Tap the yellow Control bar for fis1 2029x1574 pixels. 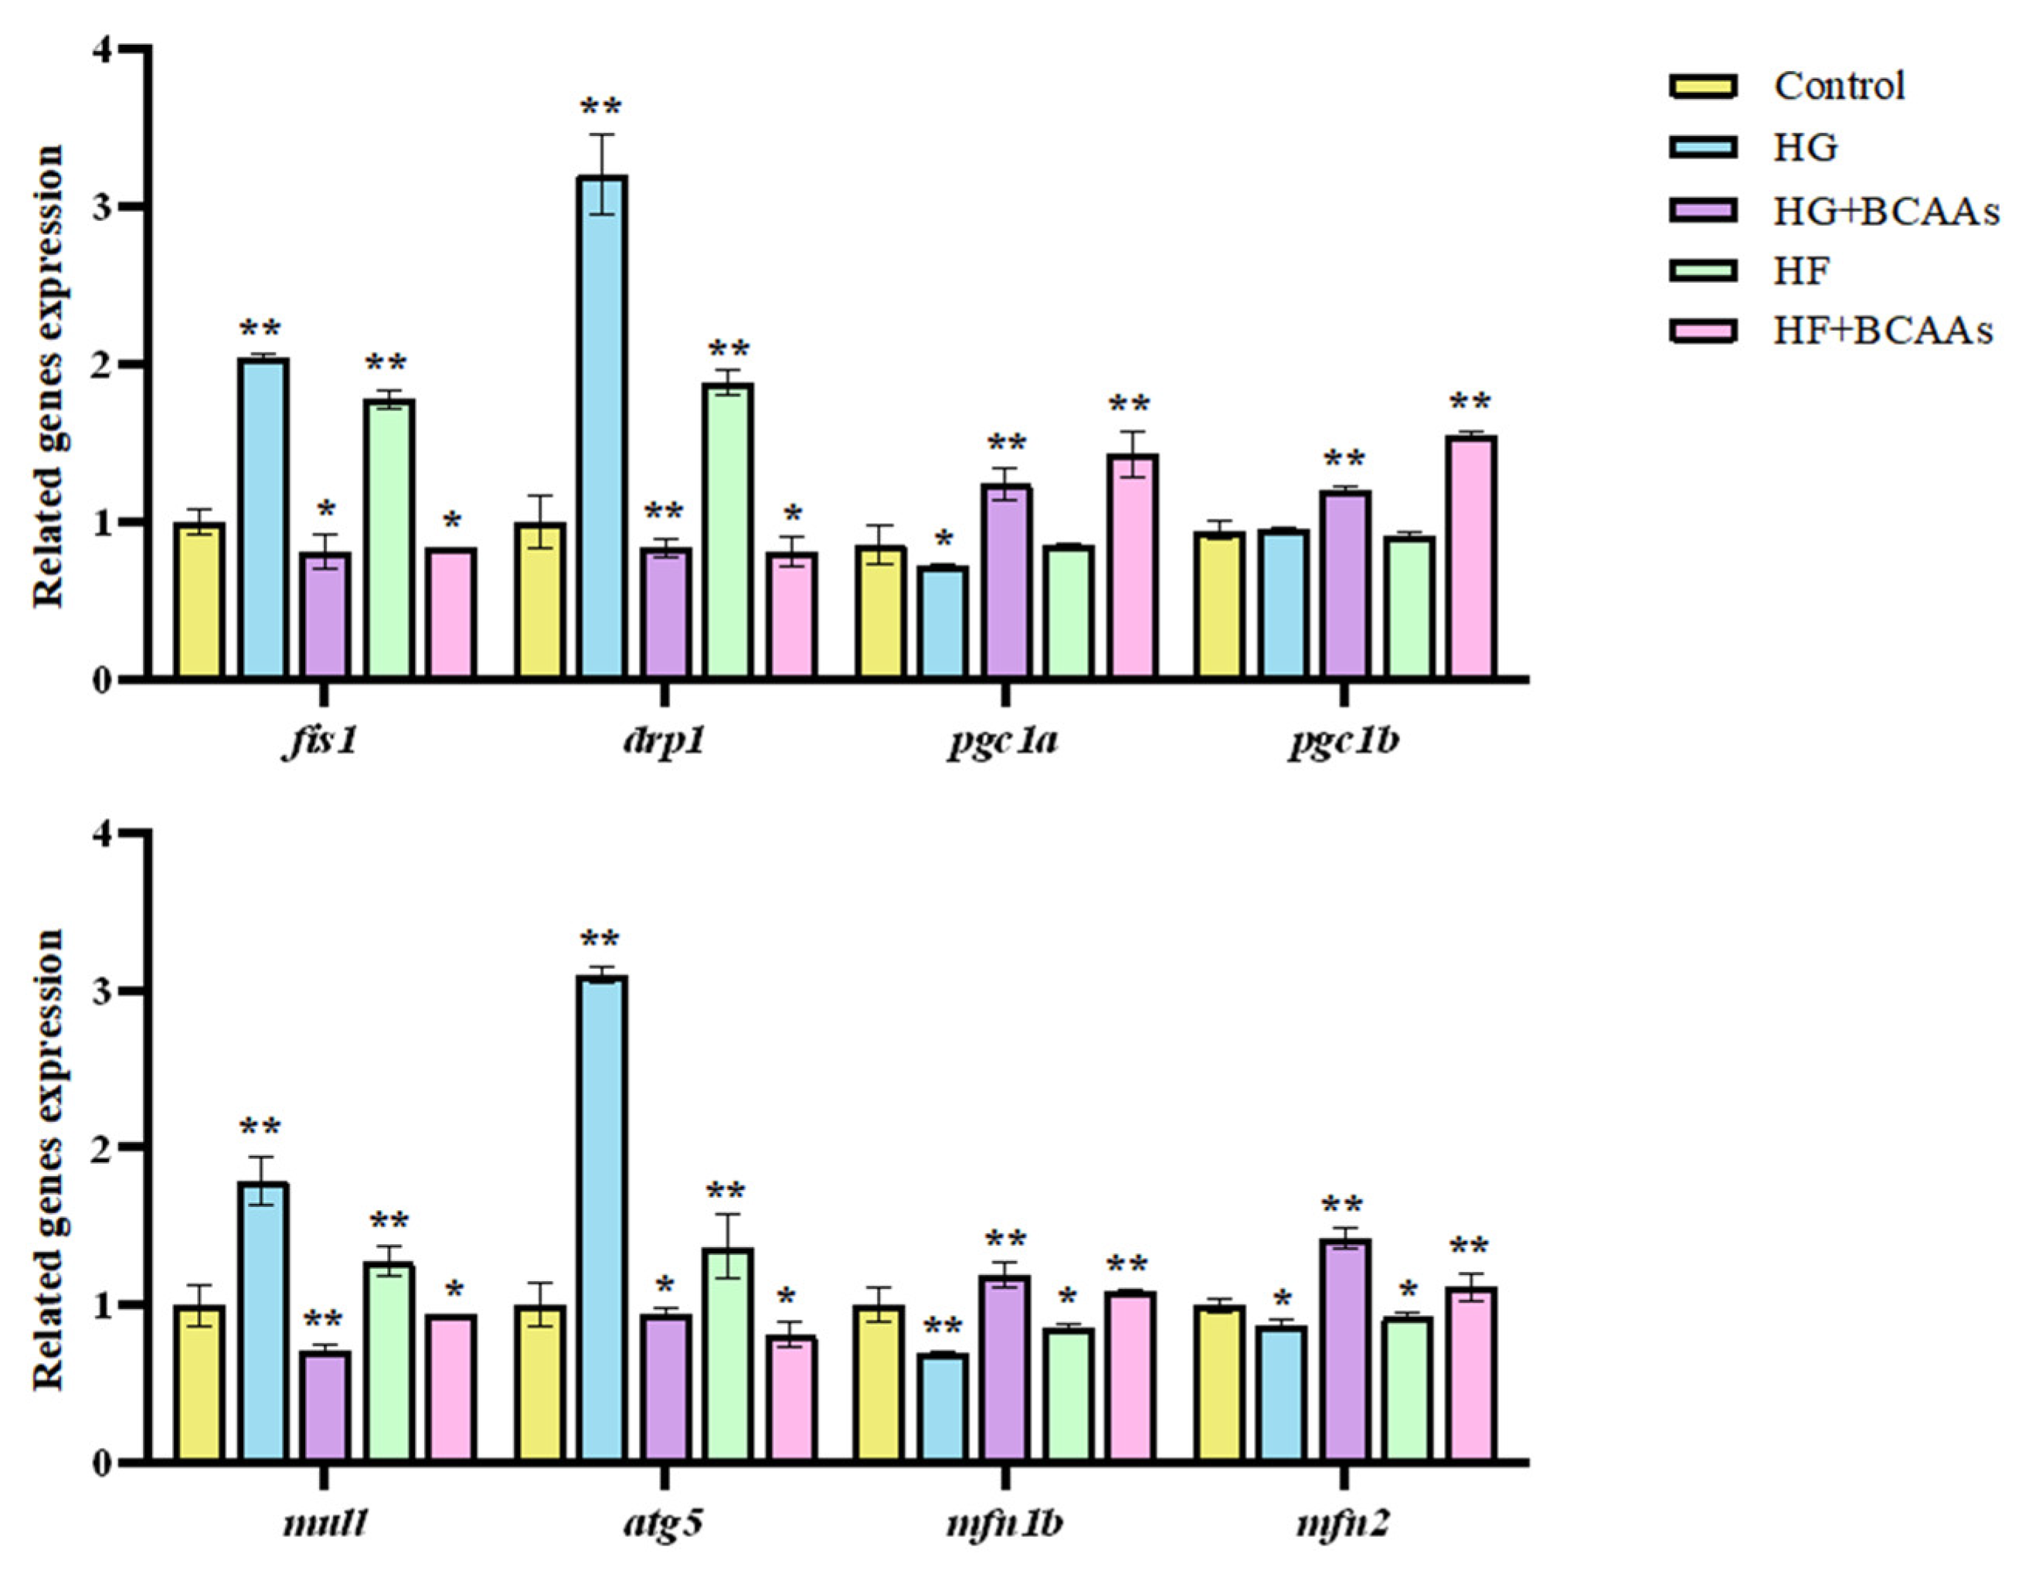[200, 600]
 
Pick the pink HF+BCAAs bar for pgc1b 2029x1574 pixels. [1472, 556]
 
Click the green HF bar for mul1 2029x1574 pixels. [389, 1362]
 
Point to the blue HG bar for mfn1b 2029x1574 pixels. [943, 1408]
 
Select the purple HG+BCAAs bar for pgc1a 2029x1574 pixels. [1007, 581]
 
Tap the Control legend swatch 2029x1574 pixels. [1702, 87]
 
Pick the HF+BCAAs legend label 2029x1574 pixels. [1882, 331]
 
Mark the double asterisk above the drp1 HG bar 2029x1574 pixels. [600, 107]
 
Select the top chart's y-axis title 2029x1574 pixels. [49, 376]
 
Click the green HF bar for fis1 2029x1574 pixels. [389, 538]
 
